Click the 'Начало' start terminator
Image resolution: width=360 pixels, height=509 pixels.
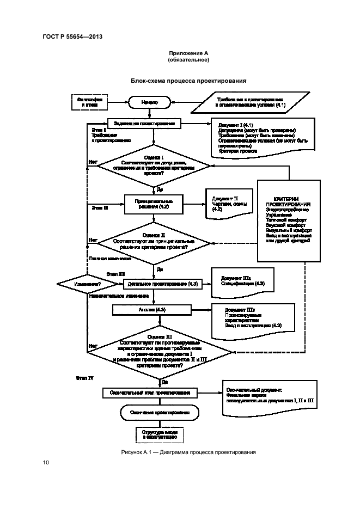(x=150, y=102)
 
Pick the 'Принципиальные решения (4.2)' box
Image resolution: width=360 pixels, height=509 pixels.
(x=152, y=204)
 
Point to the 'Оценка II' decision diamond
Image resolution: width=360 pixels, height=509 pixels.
(x=154, y=242)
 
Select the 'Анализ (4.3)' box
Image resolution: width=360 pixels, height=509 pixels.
(x=153, y=310)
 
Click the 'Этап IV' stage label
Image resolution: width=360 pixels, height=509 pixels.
(x=84, y=377)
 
